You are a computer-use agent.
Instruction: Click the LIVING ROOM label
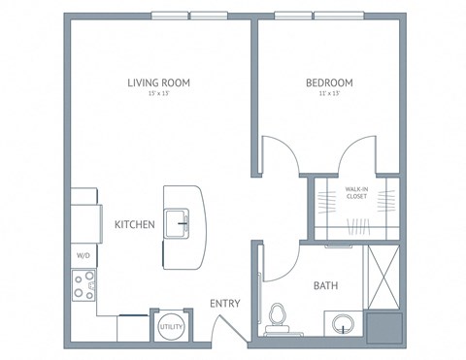click(x=158, y=82)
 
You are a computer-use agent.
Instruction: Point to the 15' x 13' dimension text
click(x=158, y=95)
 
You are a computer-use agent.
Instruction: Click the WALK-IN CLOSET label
click(x=356, y=192)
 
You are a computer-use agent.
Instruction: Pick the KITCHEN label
click(x=135, y=224)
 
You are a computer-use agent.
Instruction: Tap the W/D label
click(x=82, y=256)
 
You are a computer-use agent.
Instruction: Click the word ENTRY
click(x=225, y=304)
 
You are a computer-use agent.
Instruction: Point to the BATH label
click(x=325, y=286)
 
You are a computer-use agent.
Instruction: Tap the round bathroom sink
click(x=343, y=323)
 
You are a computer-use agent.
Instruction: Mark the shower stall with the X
click(x=383, y=277)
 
